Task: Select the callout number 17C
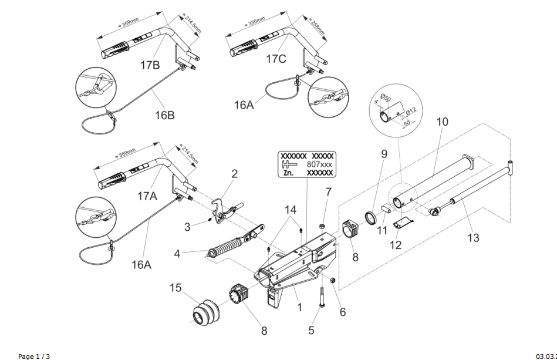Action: click(275, 59)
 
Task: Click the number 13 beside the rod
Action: click(472, 237)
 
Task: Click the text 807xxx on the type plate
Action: click(320, 166)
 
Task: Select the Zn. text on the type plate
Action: click(289, 174)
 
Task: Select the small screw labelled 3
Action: click(210, 221)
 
